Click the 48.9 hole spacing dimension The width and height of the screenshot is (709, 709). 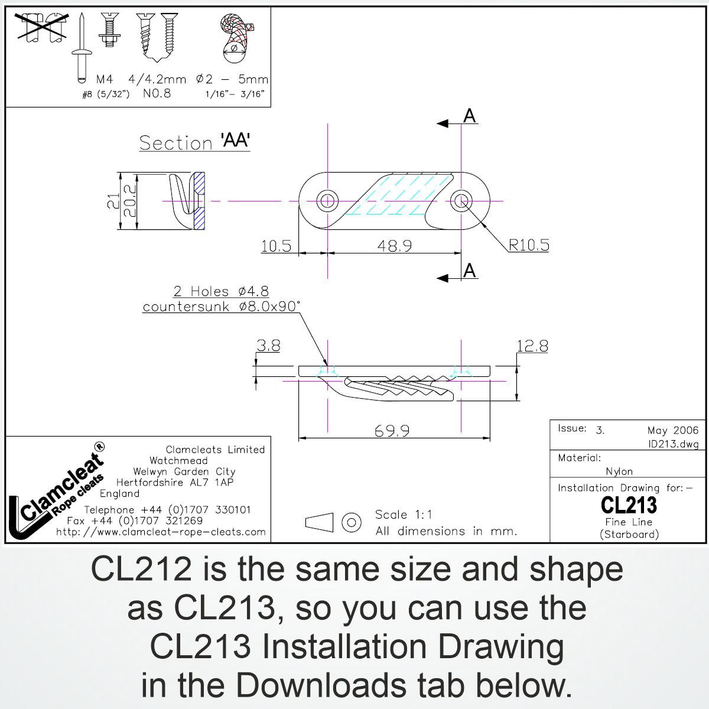pos(395,245)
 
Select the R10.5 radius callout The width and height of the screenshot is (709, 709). pos(529,245)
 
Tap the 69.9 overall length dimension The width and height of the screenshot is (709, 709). pos(392,431)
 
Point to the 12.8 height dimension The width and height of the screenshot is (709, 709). pos(532,346)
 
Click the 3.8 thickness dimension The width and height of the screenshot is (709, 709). pos(268,346)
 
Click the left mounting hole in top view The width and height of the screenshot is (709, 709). pos(327,201)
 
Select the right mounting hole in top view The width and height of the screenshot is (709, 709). pos(461,201)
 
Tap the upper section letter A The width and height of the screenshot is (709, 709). pos(470,116)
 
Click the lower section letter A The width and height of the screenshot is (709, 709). pos(470,271)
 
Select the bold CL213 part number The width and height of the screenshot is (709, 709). pos(628,505)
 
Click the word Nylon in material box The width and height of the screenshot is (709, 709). pos(619,471)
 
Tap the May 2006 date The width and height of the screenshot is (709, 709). pos(672,431)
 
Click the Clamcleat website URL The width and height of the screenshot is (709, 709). pos(161,532)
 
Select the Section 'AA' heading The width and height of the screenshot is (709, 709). pos(194,142)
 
